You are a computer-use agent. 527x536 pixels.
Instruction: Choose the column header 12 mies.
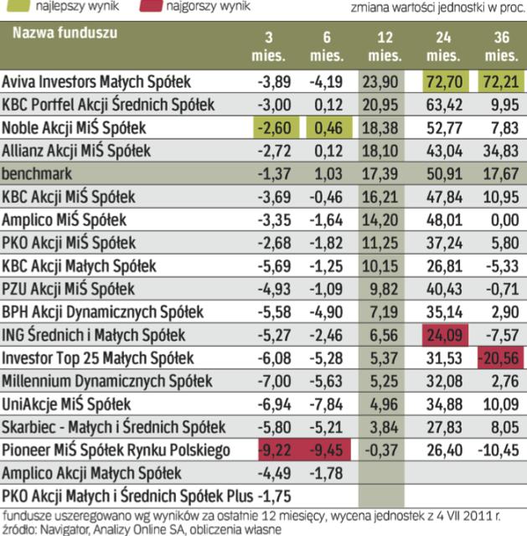(x=385, y=48)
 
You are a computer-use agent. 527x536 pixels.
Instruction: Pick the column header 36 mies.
(x=500, y=48)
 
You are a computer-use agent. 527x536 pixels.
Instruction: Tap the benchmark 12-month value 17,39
(x=385, y=174)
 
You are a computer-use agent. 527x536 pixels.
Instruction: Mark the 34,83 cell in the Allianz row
(x=500, y=152)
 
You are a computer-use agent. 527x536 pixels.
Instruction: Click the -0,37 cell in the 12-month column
(x=385, y=451)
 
